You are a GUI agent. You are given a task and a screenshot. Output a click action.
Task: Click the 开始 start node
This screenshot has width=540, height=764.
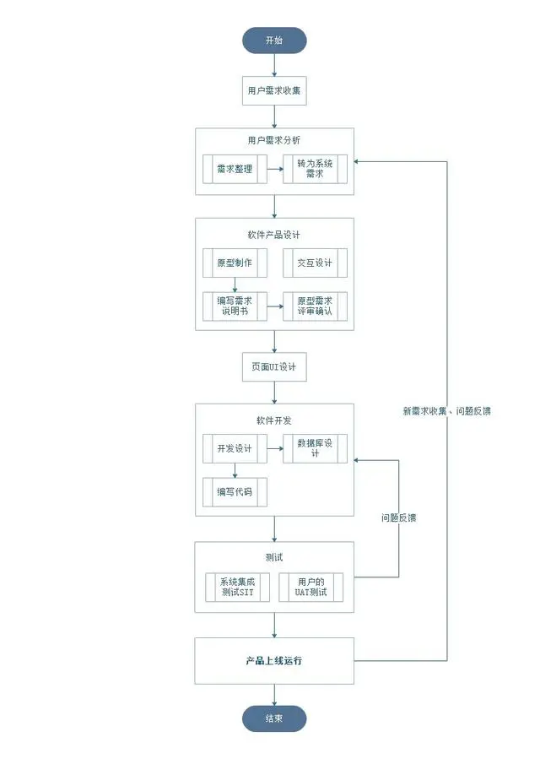coord(274,40)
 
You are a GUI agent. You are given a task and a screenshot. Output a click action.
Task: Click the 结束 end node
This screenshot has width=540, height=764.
coord(274,718)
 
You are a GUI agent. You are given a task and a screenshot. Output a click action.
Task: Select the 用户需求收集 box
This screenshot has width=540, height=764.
coord(274,90)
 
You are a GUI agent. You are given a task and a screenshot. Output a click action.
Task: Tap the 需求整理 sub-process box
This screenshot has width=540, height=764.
coord(235,169)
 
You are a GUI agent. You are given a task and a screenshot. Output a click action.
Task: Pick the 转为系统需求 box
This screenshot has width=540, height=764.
coord(315,169)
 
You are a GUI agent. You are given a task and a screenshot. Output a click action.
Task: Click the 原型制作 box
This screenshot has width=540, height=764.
coord(235,263)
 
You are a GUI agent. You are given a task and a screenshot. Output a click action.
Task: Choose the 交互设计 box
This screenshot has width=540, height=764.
coord(315,263)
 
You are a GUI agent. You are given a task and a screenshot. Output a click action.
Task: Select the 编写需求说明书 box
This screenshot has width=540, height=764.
coord(235,306)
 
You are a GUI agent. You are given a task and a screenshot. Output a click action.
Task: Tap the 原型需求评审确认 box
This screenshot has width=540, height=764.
coord(315,306)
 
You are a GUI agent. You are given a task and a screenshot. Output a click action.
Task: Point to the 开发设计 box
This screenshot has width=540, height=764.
coord(235,448)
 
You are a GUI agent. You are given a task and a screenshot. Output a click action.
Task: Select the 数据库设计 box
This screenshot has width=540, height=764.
coord(315,448)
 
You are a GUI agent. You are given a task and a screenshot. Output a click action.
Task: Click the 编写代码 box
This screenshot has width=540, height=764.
coord(235,491)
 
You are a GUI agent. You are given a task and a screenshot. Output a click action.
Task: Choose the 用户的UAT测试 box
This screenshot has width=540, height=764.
coord(311,588)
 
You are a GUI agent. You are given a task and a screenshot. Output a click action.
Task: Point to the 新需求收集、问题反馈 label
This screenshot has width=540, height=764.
coord(447,411)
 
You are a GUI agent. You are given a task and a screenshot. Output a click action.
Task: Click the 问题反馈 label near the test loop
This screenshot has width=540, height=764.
coord(398,517)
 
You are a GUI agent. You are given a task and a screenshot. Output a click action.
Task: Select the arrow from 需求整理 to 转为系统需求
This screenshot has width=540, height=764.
coord(274,169)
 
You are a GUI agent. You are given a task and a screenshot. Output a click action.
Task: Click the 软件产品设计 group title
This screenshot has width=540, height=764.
coord(273,235)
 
